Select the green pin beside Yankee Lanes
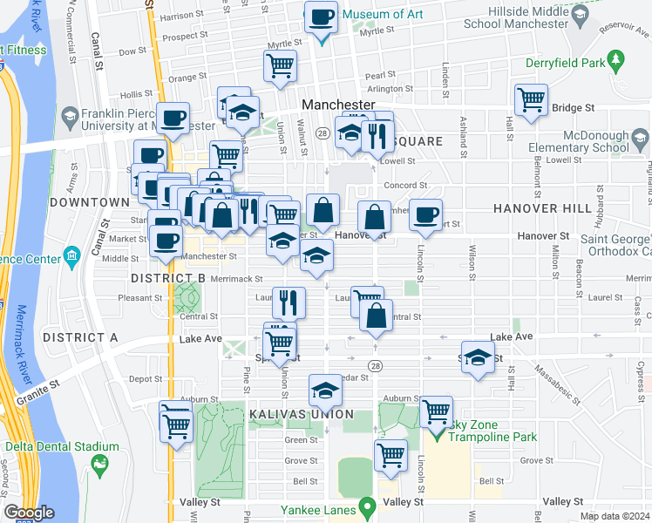pos(367,506)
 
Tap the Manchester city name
pos(338,104)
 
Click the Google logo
pos(29,513)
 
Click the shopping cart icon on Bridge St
pos(531,99)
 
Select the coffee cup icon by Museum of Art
pos(321,17)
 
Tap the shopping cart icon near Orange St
pos(280,65)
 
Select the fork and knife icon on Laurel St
pos(289,302)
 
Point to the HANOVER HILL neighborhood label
pos(531,208)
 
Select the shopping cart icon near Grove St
pos(391,454)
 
